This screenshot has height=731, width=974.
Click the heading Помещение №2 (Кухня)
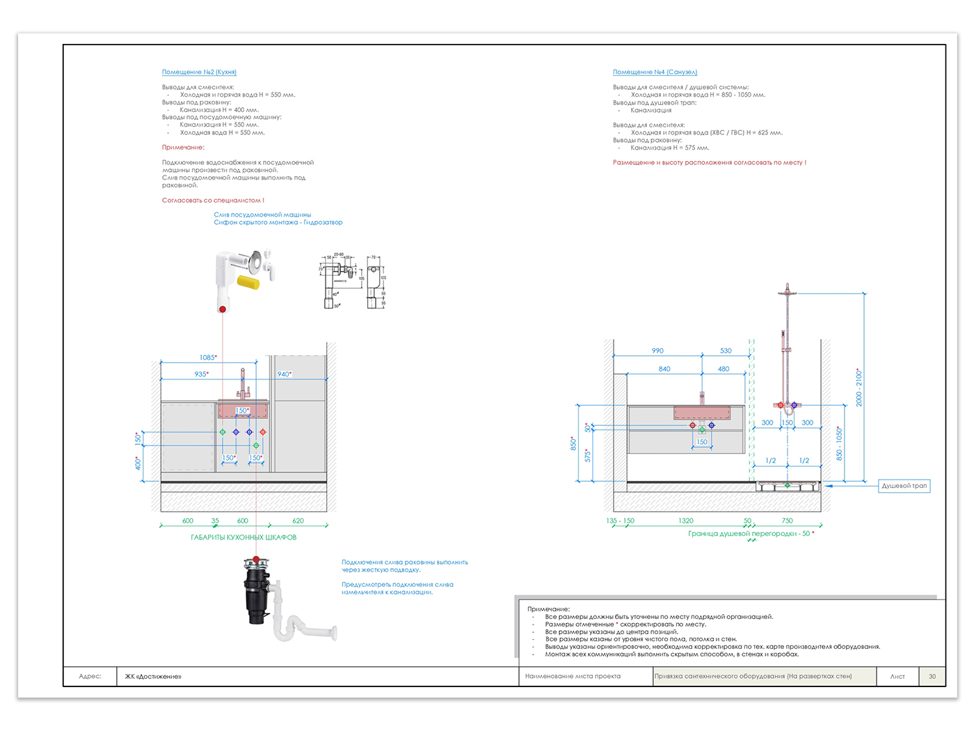click(x=199, y=72)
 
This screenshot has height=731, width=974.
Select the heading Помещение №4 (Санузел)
click(x=655, y=72)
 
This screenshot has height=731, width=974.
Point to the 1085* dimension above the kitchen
click(x=208, y=358)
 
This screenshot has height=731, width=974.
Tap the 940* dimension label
click(x=284, y=375)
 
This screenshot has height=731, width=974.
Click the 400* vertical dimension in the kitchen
click(x=138, y=463)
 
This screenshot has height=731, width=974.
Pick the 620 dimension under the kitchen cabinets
click(x=298, y=521)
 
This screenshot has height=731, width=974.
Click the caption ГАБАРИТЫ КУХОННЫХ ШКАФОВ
click(x=243, y=537)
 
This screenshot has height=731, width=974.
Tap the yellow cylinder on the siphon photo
click(x=248, y=282)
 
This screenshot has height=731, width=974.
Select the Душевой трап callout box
click(x=904, y=486)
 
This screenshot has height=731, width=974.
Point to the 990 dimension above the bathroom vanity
click(x=657, y=351)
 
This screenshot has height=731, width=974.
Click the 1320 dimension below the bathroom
click(x=686, y=521)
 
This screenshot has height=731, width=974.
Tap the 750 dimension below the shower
click(x=787, y=521)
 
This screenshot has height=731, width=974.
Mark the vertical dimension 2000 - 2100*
click(x=859, y=388)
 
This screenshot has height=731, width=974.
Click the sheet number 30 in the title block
click(x=932, y=676)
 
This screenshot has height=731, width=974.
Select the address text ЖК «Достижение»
click(x=153, y=676)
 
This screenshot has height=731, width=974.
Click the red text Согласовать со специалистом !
click(x=213, y=201)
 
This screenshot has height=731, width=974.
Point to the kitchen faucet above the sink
click(x=243, y=384)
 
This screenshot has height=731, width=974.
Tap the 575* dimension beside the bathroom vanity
click(x=588, y=455)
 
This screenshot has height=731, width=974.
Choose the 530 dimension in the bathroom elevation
click(x=726, y=351)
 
